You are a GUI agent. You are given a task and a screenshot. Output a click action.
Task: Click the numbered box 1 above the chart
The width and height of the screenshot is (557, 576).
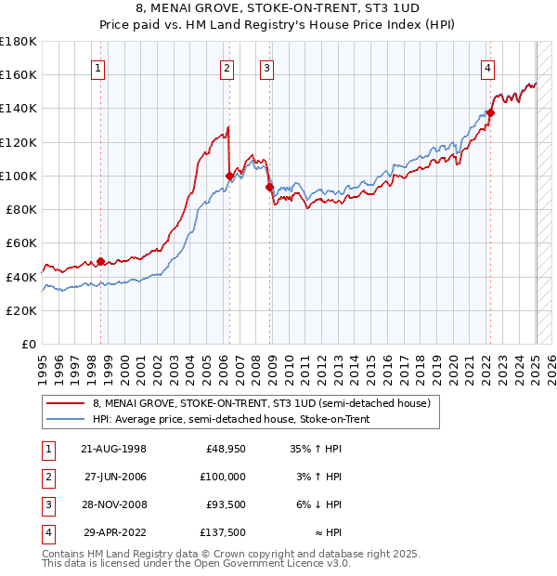(98, 67)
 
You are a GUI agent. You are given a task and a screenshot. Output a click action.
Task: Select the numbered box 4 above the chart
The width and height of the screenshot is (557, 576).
(487, 67)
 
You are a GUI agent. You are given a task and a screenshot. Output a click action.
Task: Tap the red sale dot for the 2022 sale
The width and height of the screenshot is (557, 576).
(490, 112)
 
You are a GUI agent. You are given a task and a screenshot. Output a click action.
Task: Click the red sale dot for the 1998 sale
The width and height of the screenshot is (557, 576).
(100, 262)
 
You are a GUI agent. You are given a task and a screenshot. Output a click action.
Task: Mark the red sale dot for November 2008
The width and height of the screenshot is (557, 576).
(269, 187)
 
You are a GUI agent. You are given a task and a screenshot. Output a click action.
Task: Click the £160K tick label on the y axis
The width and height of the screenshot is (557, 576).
(19, 74)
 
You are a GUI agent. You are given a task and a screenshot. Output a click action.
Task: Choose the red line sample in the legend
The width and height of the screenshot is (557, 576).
(66, 404)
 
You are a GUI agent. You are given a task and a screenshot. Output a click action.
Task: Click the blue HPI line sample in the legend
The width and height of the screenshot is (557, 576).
(66, 420)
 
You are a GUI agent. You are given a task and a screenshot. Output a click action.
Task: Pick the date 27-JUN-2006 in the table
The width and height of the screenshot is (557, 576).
(115, 476)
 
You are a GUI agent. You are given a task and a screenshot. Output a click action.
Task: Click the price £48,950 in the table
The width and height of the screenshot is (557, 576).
(226, 448)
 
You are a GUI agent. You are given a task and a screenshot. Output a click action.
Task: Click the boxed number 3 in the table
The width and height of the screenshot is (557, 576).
(46, 504)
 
